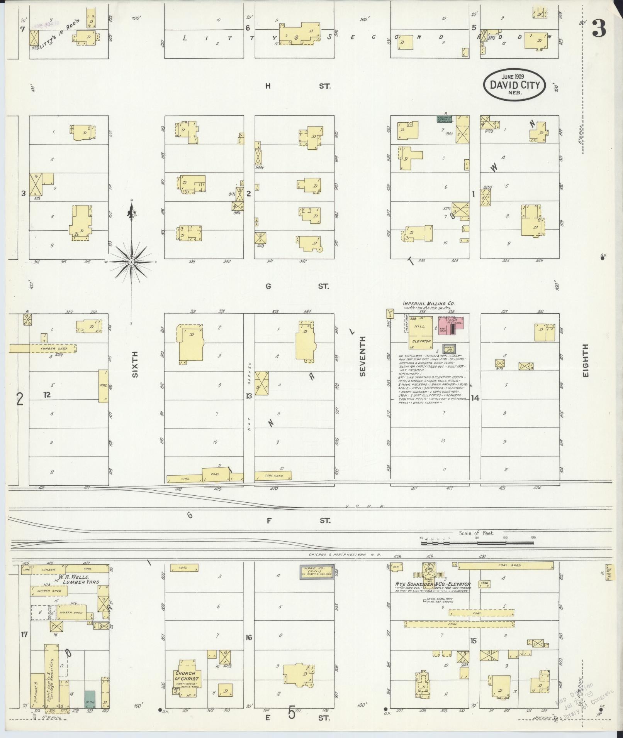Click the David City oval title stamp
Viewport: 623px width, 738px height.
click(x=514, y=84)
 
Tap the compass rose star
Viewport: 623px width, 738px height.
click(x=131, y=262)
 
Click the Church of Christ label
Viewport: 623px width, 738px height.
click(x=187, y=676)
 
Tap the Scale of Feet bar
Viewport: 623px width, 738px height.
click(x=477, y=543)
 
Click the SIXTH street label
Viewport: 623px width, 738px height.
click(x=135, y=366)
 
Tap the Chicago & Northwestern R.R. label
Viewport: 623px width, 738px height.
click(x=345, y=555)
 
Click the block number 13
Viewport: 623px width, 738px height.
click(x=249, y=396)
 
